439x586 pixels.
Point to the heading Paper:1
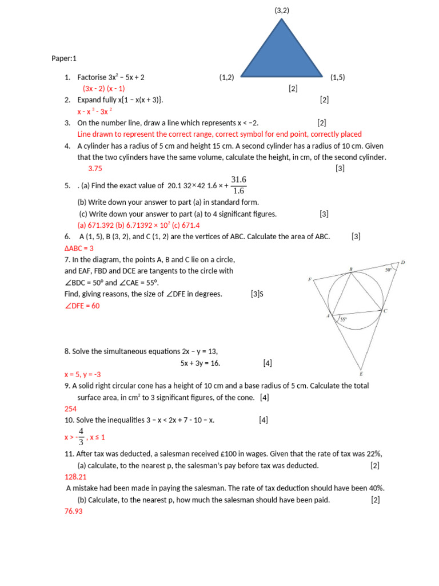63,58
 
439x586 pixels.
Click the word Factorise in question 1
92,77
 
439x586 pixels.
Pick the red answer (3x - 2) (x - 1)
103,89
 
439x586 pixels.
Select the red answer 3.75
95,169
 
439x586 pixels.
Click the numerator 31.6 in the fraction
238,180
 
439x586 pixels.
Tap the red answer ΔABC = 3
79,248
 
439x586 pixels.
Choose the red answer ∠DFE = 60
82,306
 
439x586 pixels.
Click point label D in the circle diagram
402,263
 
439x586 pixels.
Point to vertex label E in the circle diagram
361,374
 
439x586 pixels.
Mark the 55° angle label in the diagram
344,320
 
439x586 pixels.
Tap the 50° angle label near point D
389,269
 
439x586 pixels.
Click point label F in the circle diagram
309,280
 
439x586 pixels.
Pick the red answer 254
71,409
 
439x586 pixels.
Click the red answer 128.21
75,477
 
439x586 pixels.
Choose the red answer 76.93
74,511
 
